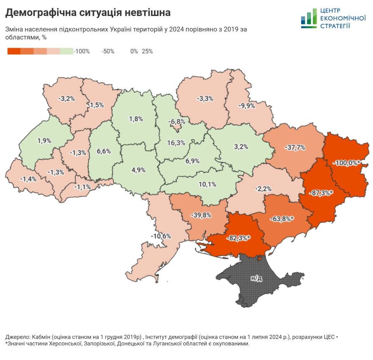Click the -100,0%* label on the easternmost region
point(347,163)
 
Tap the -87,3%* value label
point(321,192)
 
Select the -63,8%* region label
point(281,219)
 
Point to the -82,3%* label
point(238,238)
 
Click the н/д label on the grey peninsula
point(256,278)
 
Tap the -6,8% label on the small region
point(177,121)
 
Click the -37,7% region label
point(295,148)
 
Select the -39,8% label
point(201,215)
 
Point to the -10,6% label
point(161,236)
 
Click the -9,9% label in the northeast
point(247,106)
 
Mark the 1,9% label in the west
point(44,141)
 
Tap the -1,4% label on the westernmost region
point(18,179)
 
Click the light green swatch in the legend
point(66,51)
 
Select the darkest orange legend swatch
point(14,51)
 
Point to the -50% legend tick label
point(108,51)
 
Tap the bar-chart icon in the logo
point(309,19)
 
